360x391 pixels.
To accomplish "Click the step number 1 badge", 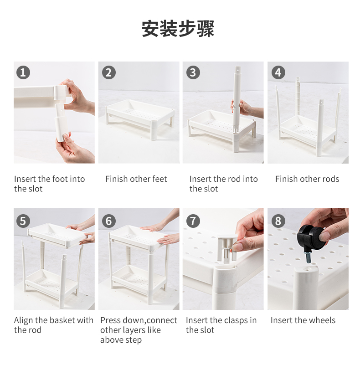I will click(x=23, y=72).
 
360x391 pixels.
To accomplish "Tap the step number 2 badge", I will click(x=108, y=72).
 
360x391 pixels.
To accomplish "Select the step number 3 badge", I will click(x=193, y=72).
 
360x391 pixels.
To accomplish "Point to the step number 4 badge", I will click(x=278, y=72).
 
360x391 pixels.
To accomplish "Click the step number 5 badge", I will click(x=23, y=221).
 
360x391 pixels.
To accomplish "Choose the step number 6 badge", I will click(x=108, y=221).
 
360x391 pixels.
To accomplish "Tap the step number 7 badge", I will click(x=193, y=221).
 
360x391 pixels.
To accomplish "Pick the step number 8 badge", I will click(x=278, y=221).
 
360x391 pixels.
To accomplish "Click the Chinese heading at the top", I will click(x=178, y=28).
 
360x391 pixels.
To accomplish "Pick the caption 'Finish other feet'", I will click(x=136, y=179).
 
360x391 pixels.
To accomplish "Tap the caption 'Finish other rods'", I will click(x=307, y=179).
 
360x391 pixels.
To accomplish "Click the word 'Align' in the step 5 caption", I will click(x=23, y=320).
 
